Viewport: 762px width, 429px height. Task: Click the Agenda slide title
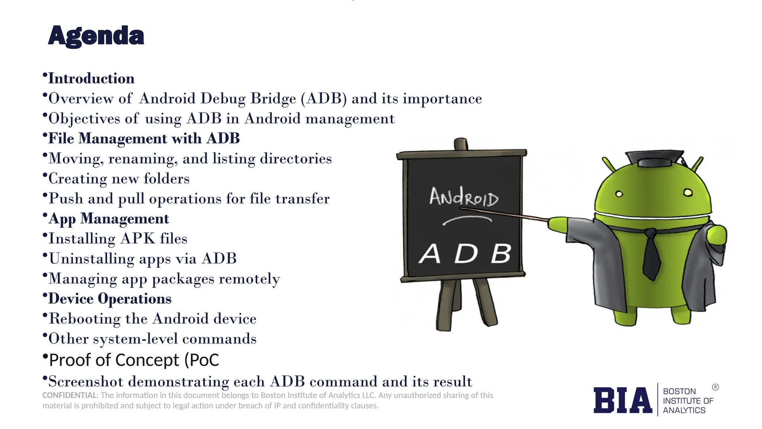pos(96,36)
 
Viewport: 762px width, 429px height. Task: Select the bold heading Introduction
pos(92,79)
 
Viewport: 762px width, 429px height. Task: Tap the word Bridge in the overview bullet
pos(273,99)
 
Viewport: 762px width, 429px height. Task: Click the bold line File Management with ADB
pos(144,139)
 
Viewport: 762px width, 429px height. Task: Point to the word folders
pos(167,179)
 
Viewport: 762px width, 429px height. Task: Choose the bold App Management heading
pos(109,219)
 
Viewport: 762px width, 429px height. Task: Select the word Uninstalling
pos(92,259)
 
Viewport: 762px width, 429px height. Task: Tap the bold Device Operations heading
pos(110,299)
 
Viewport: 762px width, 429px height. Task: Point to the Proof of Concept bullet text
pos(134,360)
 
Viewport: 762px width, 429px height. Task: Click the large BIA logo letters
pos(622,400)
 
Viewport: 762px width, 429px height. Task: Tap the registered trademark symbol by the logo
pos(715,387)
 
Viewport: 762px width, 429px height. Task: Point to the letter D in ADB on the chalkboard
pos(466,254)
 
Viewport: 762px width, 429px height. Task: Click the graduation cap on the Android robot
pos(654,158)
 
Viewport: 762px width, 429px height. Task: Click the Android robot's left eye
pos(619,194)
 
